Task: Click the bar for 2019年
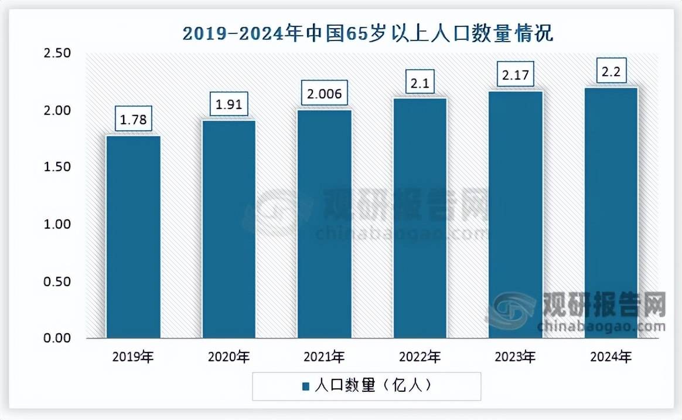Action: (x=133, y=237)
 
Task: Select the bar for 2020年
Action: (x=229, y=229)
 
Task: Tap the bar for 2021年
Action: (x=325, y=224)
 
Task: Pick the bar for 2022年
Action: (x=420, y=218)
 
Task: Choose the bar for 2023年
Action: (x=516, y=215)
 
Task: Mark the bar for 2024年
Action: (x=611, y=213)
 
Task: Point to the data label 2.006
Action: (x=325, y=94)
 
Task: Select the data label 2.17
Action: (x=516, y=76)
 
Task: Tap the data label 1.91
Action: (x=229, y=106)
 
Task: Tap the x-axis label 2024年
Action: (x=611, y=356)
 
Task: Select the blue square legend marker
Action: (x=305, y=386)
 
